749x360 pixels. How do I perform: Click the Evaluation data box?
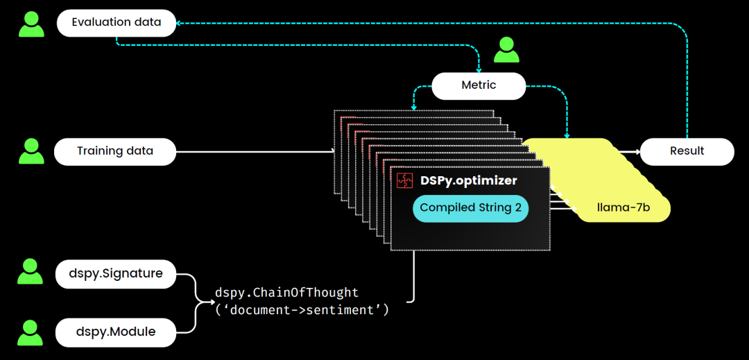(117, 23)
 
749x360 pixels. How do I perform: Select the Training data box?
(115, 151)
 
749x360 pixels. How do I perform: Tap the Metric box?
(479, 85)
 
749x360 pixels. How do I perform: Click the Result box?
(687, 151)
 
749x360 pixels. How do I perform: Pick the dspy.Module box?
(116, 332)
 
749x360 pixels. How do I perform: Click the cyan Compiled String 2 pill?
(470, 208)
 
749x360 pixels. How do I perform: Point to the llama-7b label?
(623, 207)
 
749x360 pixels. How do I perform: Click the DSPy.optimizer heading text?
(468, 180)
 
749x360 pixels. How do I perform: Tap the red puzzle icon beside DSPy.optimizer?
(405, 180)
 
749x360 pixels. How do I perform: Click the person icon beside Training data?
(31, 151)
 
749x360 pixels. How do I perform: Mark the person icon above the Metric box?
(506, 49)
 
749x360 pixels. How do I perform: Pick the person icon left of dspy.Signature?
(31, 273)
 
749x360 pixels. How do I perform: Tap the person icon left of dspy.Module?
(31, 332)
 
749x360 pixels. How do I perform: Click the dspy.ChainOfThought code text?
(287, 293)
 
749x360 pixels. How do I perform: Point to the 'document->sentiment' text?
(302, 310)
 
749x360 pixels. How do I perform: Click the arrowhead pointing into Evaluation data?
(180, 24)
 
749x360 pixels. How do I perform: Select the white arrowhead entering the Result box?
(635, 151)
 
